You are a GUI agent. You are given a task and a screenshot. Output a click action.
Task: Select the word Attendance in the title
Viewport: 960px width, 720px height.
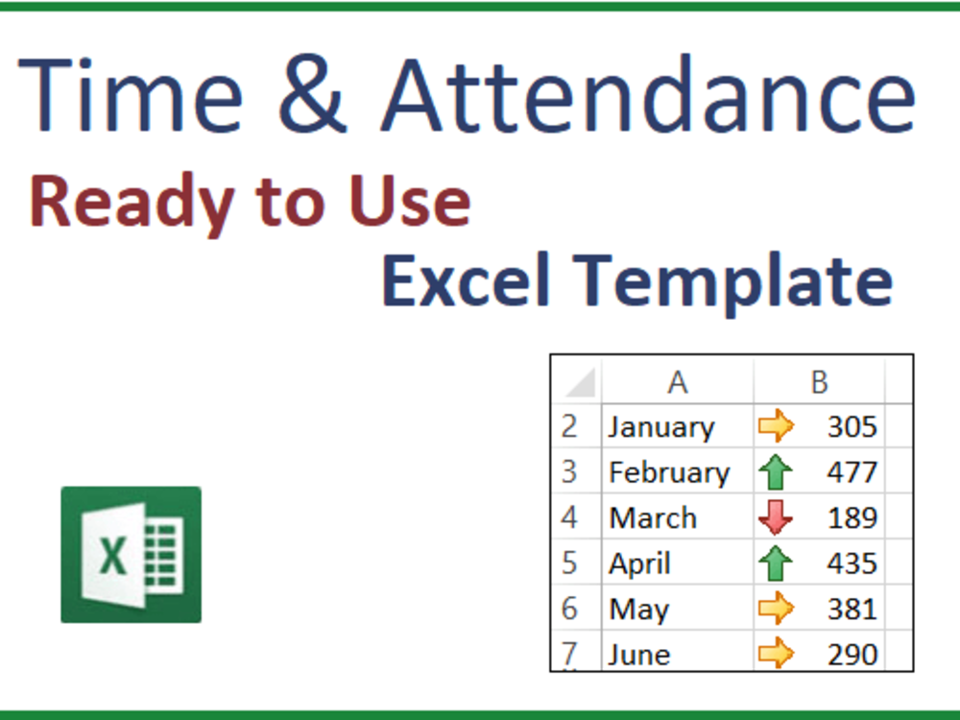pyautogui.click(x=648, y=96)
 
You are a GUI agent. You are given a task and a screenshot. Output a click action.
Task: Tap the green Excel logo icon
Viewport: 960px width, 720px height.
pyautogui.click(x=132, y=554)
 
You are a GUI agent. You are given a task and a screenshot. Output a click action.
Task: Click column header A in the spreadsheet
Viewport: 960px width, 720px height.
pyautogui.click(x=678, y=382)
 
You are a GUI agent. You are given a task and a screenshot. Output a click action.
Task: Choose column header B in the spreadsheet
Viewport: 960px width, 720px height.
pyautogui.click(x=819, y=382)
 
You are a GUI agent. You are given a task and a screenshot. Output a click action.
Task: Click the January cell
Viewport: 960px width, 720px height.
pyautogui.click(x=661, y=426)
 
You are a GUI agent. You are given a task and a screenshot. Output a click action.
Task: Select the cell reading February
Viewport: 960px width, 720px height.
pyautogui.click(x=669, y=472)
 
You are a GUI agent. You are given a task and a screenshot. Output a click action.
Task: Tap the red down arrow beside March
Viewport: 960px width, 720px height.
pyautogui.click(x=776, y=517)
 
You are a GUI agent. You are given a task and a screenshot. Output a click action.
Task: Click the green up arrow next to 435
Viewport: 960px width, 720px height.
pyautogui.click(x=776, y=563)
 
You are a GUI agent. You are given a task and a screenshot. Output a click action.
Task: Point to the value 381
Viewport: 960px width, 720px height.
pyautogui.click(x=852, y=609)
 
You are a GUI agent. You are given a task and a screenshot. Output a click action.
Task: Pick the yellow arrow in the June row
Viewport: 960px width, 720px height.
pyautogui.click(x=776, y=654)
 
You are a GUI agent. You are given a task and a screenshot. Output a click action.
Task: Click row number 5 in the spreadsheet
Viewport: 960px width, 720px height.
pyautogui.click(x=570, y=563)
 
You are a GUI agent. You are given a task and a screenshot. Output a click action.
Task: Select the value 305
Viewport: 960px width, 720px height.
pyautogui.click(x=852, y=426)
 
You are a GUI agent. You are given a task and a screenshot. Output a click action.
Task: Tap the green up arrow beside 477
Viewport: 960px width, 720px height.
pyautogui.click(x=776, y=472)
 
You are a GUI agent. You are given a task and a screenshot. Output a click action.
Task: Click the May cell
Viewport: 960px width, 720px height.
pyautogui.click(x=638, y=609)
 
